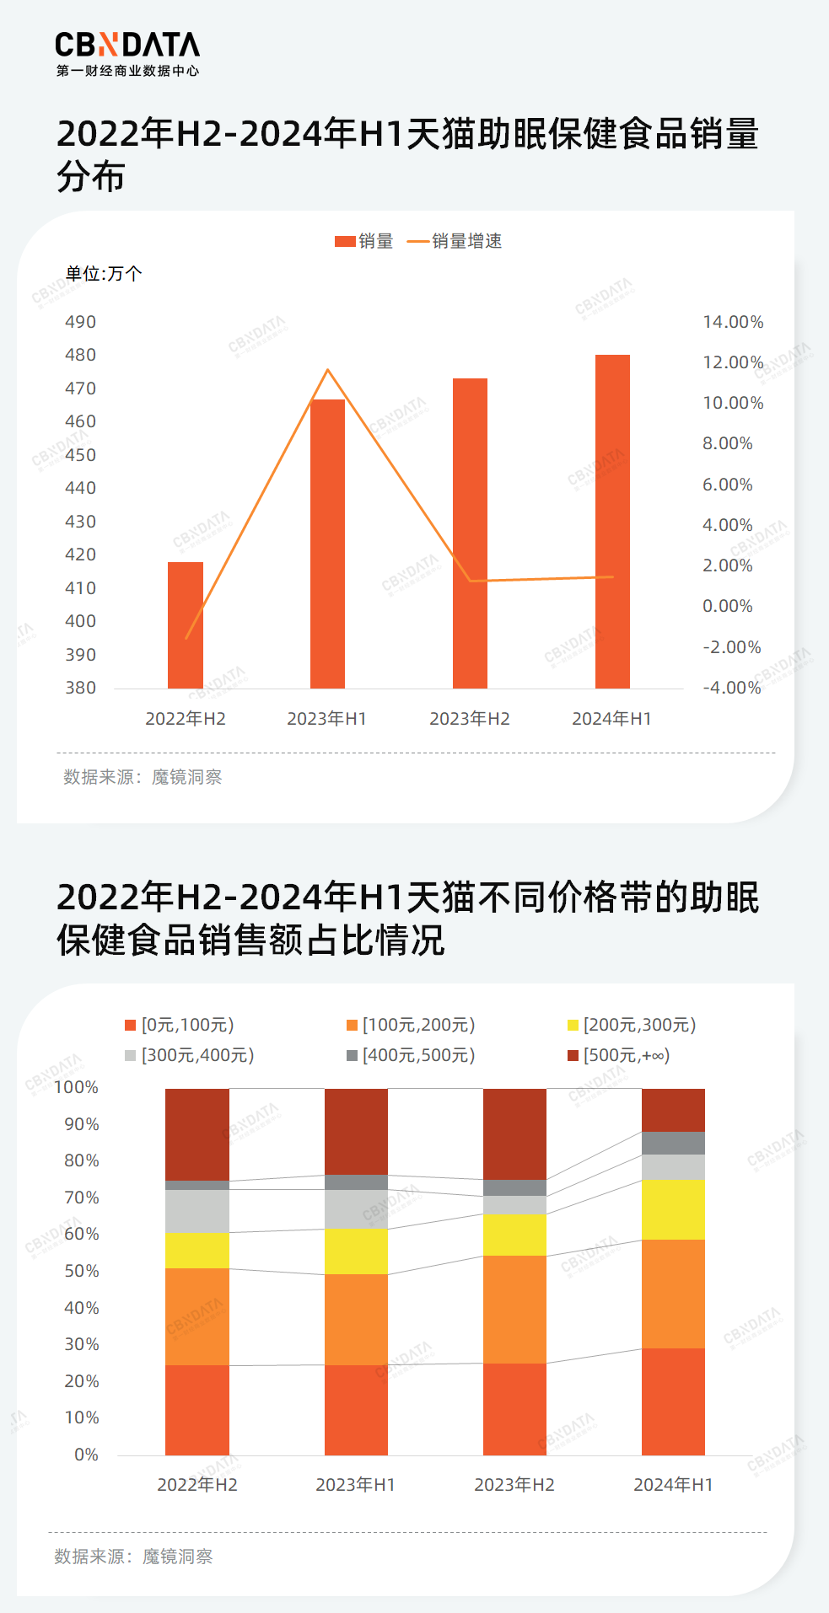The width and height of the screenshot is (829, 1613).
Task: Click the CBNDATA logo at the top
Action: [127, 53]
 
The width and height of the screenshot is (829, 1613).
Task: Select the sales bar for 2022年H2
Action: [186, 625]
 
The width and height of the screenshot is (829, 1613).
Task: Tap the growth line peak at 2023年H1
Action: [328, 370]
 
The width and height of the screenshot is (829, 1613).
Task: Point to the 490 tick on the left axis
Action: [81, 322]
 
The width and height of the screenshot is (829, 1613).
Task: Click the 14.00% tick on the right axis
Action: [733, 322]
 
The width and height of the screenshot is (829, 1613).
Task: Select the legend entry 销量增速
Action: [455, 241]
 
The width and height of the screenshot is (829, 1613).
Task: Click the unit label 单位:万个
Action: [104, 273]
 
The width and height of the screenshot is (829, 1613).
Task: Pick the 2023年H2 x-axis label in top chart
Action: [470, 719]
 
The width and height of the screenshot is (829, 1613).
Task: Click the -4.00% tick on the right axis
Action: [732, 688]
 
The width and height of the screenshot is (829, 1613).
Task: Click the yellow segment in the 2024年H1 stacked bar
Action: [673, 1208]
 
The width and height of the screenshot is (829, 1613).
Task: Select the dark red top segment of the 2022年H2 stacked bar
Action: [197, 1133]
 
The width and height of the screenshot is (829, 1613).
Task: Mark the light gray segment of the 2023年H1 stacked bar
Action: [356, 1208]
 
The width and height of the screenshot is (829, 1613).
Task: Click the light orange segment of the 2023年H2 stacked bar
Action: [514, 1309]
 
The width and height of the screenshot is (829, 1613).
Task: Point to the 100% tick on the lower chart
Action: [77, 1088]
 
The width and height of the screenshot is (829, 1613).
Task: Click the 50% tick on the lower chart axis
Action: [82, 1271]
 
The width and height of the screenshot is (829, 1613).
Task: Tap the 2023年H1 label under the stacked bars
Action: [355, 1485]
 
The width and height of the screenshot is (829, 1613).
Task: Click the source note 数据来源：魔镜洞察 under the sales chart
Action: [143, 777]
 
